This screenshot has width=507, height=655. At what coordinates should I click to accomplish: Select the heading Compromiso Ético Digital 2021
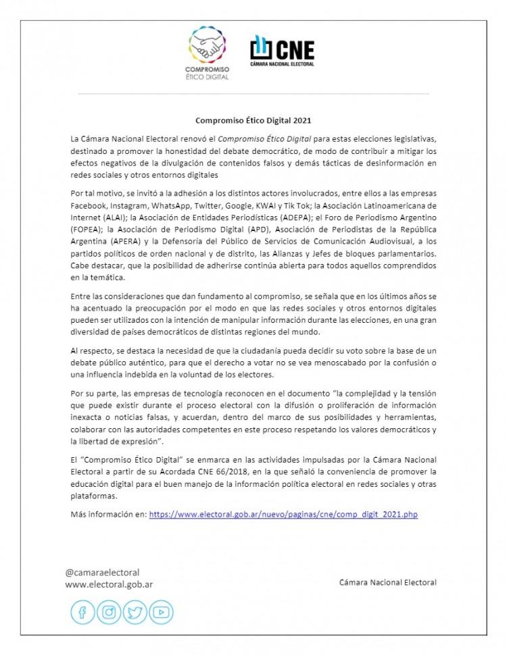point(254,122)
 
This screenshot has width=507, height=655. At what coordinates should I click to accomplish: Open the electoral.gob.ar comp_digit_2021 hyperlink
point(283,515)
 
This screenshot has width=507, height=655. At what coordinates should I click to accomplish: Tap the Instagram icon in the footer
point(109,612)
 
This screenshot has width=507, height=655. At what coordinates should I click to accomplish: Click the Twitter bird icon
point(135,612)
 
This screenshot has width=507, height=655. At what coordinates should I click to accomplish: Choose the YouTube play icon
point(161,612)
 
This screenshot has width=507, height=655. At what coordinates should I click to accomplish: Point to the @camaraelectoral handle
point(102,572)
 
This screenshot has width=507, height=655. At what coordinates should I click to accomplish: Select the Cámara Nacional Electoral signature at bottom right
point(388,582)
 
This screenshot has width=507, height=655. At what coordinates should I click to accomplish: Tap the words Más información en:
point(107,515)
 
